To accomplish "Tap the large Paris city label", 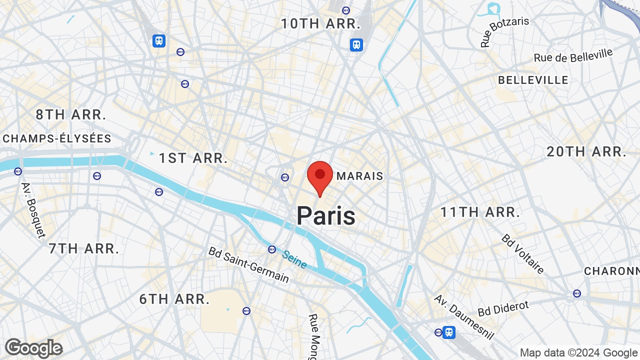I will coord(326,216).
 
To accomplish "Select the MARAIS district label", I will coord(360,176).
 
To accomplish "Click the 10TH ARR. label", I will coord(320,23).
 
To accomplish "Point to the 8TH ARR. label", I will coord(70,114).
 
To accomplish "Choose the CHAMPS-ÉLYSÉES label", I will coord(57,138).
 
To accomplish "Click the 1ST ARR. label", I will coord(193,158).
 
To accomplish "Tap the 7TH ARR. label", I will coord(84,248).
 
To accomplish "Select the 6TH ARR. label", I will coord(174,299).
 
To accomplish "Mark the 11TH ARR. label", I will coord(480,212).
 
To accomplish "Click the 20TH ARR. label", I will coord(586,152).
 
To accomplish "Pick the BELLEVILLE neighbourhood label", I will coord(533,80).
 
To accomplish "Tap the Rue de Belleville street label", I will coord(573,55).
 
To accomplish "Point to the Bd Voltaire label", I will coord(523,254).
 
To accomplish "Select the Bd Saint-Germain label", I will coord(248,264).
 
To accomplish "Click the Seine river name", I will coord(294,259).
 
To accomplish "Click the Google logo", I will coord(34,348).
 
